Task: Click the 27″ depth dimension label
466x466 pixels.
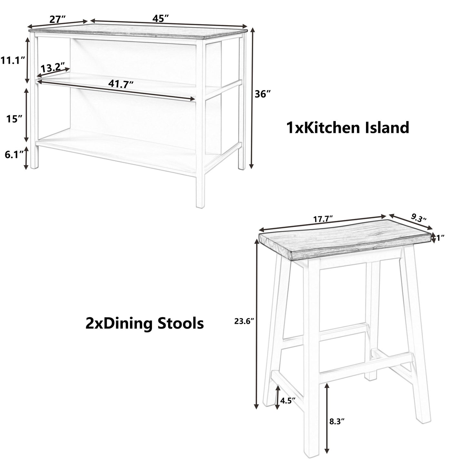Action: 58,19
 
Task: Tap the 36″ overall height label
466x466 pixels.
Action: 262,94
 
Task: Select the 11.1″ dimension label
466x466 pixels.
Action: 13,60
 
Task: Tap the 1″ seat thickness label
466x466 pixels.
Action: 441,238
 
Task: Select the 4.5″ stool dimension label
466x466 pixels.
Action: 288,401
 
